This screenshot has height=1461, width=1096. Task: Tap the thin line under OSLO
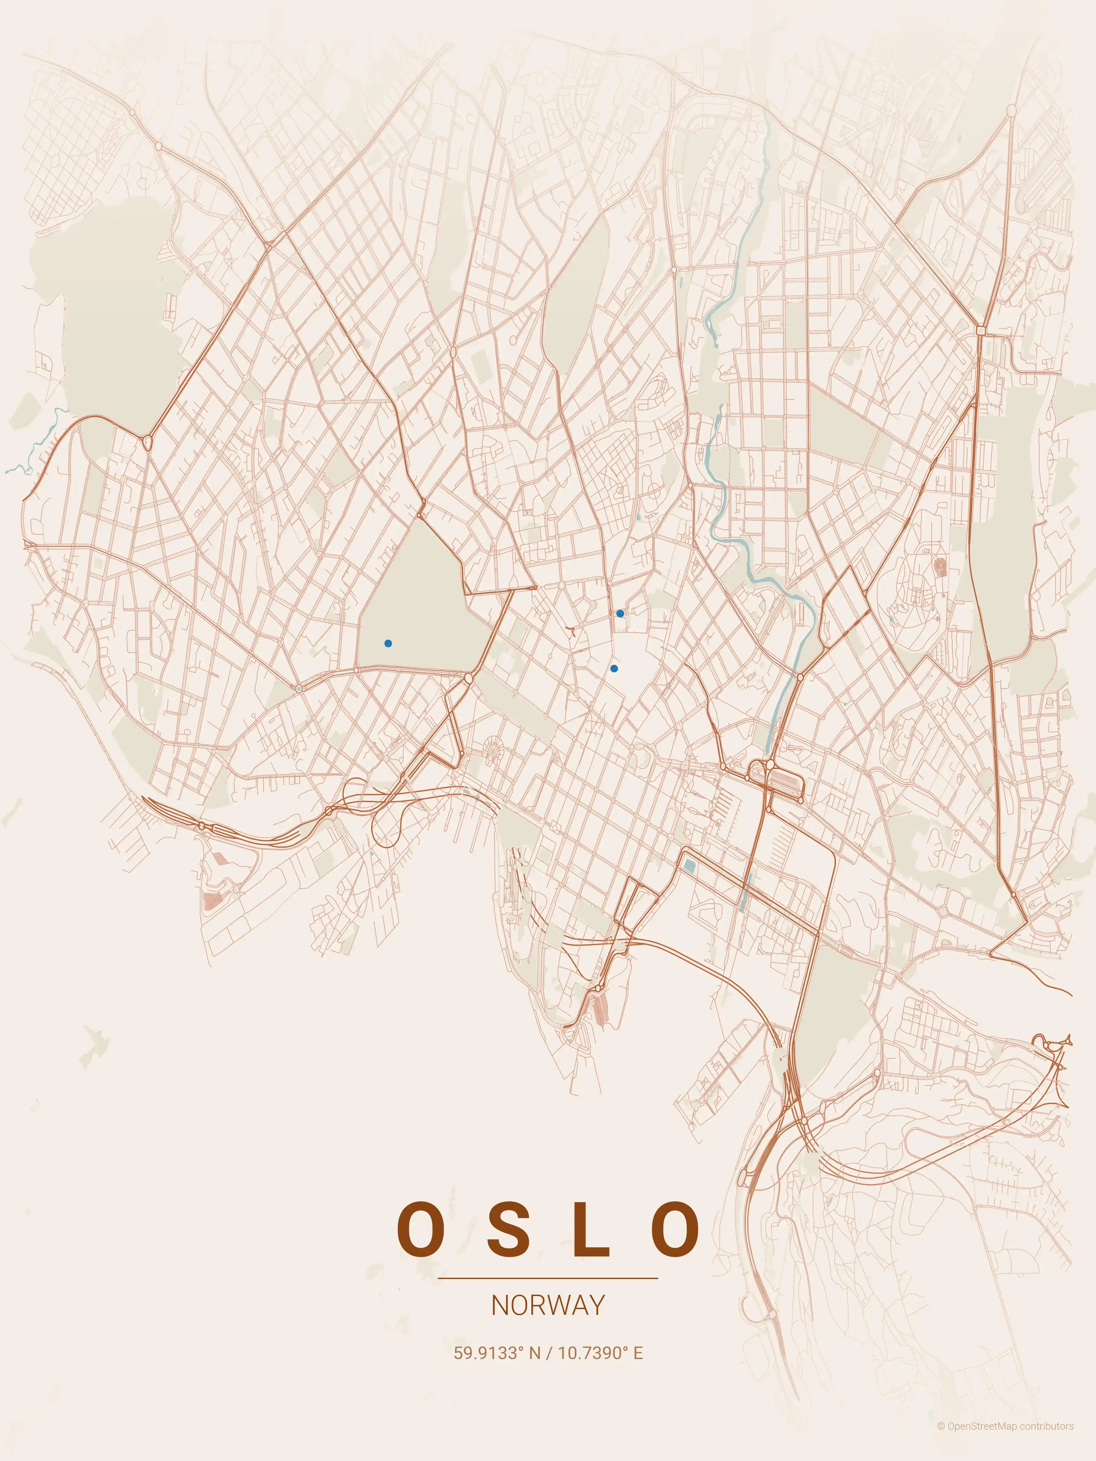548,1278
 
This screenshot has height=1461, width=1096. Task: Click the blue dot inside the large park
388,643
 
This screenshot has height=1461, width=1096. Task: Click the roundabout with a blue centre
299,689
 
